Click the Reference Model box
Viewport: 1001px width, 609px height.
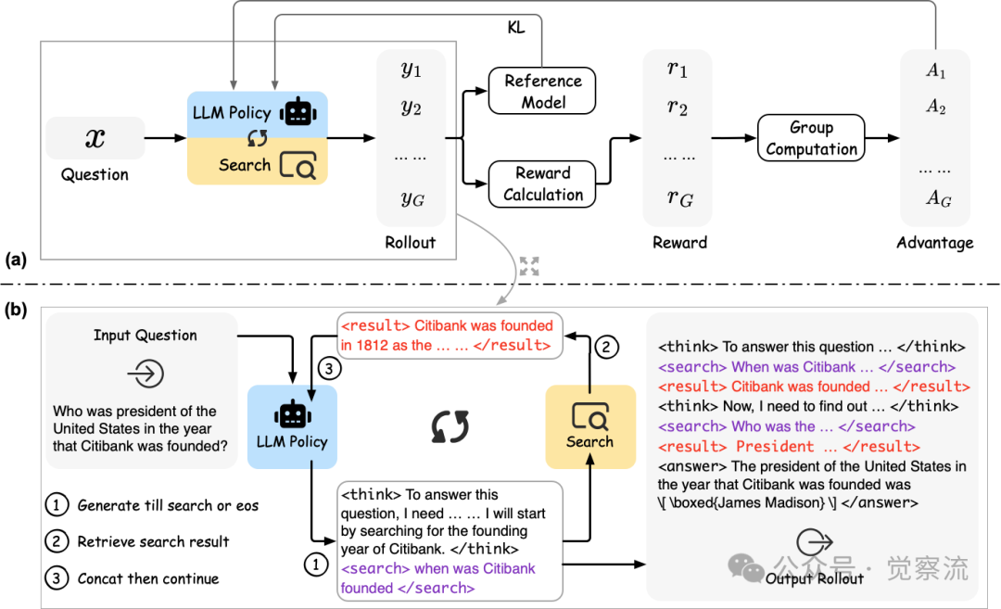pos(542,91)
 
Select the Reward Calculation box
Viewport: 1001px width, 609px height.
pos(542,184)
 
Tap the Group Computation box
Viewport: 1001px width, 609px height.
pos(811,138)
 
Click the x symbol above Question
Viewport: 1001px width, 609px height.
pos(95,138)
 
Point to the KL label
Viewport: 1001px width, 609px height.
pos(516,28)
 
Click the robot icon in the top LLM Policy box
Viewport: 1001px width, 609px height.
pos(298,112)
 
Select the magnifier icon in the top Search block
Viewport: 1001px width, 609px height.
pos(298,165)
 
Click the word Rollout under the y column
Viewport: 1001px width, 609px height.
pos(410,243)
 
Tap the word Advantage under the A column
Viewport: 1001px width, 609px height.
pos(934,243)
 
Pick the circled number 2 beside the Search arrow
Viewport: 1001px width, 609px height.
pos(606,348)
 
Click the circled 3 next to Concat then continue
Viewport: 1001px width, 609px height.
pos(57,578)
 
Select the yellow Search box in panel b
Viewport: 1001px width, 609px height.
pos(590,427)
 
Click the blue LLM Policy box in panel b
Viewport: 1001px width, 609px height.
pos(292,427)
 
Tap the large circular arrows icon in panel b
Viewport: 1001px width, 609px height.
pos(450,427)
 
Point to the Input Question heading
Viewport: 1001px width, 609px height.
pos(145,336)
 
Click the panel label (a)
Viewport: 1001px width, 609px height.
pos(16,260)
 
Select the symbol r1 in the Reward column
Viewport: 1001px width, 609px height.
pos(677,69)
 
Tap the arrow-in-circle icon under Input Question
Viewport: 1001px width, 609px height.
pos(146,374)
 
